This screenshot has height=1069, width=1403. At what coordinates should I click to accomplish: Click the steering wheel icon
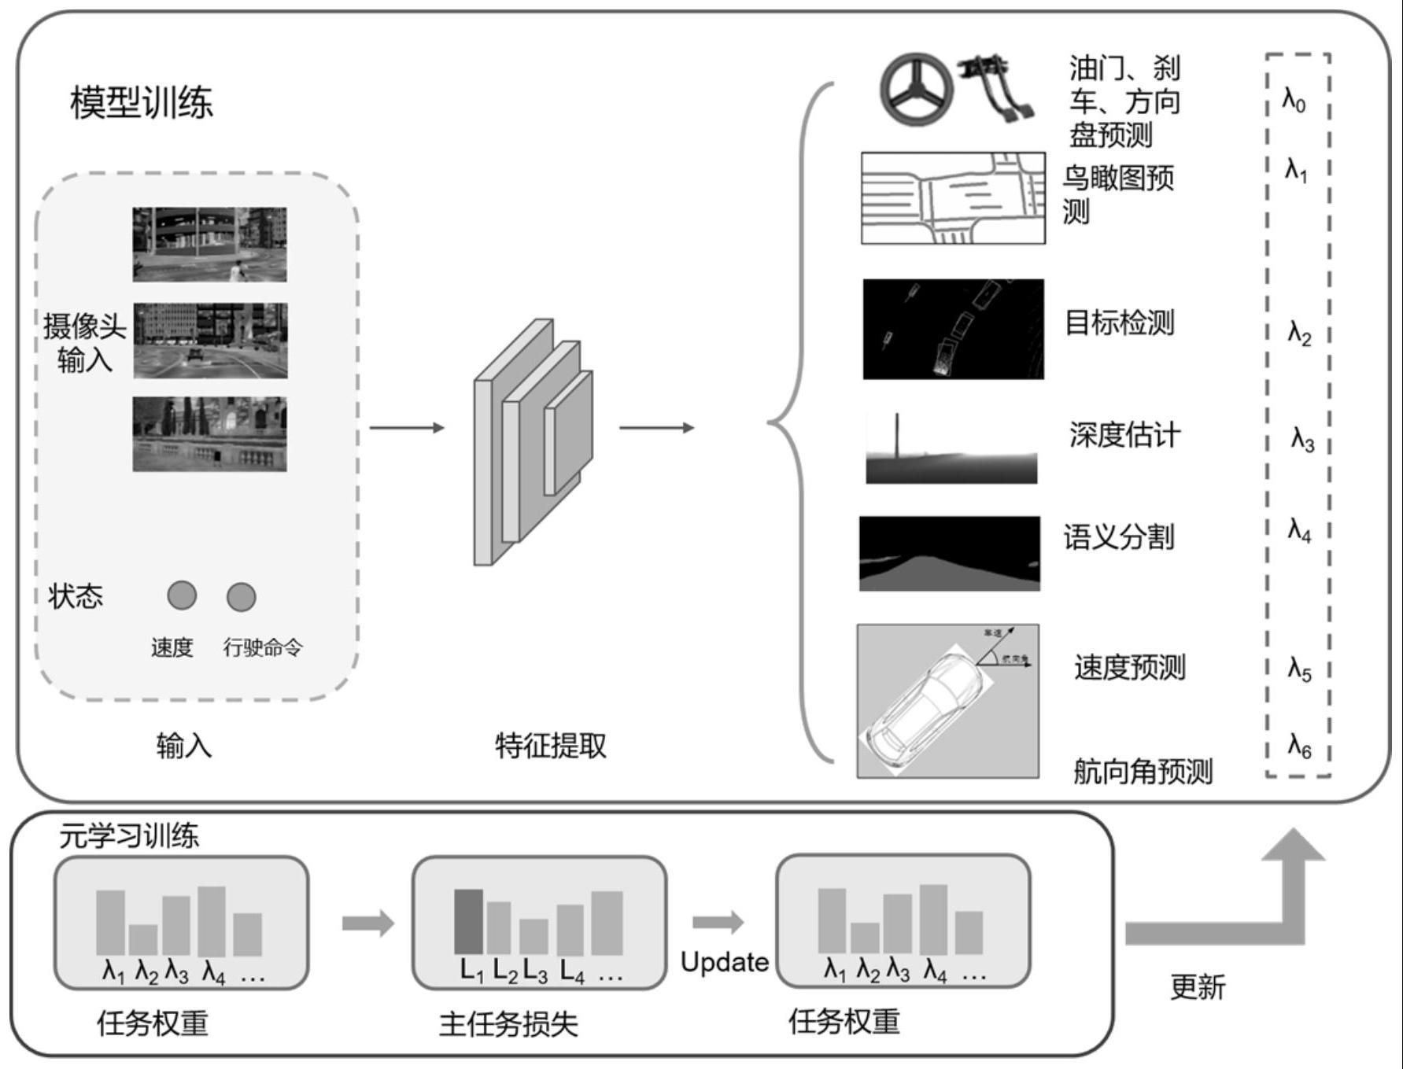pos(915,89)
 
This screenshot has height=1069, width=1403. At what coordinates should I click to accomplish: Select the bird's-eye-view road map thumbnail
pos(953,198)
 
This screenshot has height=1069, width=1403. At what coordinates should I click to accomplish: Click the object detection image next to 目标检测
pos(953,329)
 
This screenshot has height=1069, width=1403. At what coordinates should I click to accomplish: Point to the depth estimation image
pos(951,449)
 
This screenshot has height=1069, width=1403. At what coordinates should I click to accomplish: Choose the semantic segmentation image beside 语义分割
pos(949,553)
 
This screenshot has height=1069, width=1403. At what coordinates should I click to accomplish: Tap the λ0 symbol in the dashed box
pos(1294,100)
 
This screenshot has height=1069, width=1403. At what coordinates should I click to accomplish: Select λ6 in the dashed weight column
pos(1299,745)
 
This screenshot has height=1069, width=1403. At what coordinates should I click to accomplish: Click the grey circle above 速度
pos(182,595)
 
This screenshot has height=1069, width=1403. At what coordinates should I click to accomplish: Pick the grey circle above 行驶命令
pos(241,597)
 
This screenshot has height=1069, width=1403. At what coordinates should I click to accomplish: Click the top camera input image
pos(209,245)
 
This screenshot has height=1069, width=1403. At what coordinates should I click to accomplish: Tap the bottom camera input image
pos(209,434)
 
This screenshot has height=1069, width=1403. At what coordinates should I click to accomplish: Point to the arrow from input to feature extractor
pos(406,428)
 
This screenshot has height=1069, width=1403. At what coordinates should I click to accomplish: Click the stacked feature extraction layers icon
pos(532,441)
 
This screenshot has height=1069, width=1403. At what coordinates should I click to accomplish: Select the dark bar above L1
pos(469,921)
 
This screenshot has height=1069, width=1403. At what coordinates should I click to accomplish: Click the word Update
pos(724,962)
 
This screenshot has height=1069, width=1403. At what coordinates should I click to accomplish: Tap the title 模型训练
pos(142,103)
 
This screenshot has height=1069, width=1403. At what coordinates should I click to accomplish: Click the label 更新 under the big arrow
pos(1197,986)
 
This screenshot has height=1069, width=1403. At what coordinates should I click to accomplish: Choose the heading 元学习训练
pos(129,835)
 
